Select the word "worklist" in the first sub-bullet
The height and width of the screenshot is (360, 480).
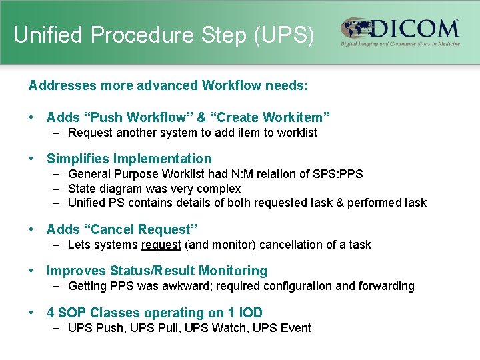click(295, 133)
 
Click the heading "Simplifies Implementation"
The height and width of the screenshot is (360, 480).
click(129, 159)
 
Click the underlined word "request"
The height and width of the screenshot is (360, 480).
click(161, 245)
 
